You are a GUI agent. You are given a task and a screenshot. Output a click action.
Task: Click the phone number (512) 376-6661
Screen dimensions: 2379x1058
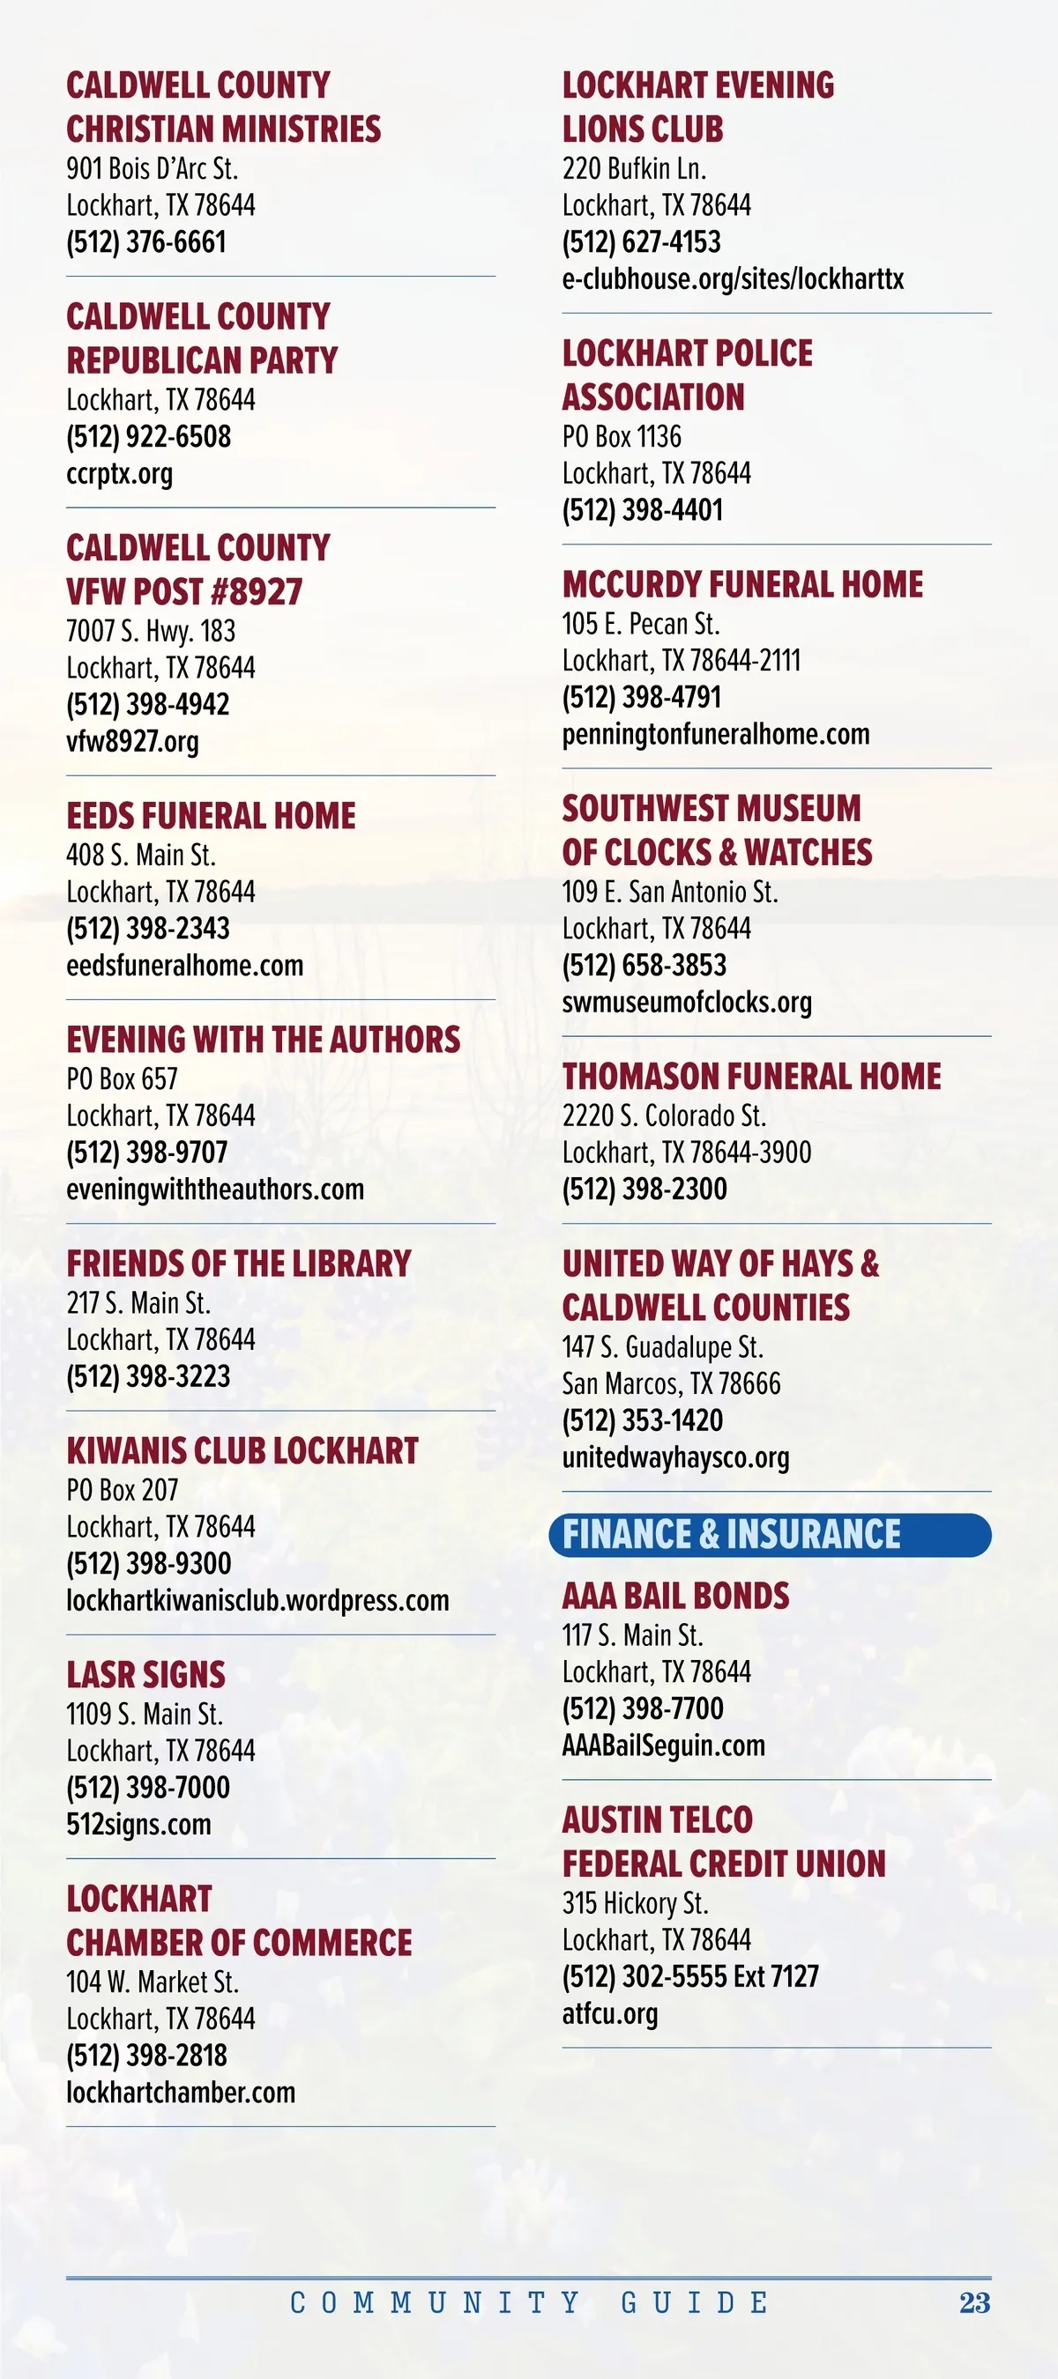pos(146,242)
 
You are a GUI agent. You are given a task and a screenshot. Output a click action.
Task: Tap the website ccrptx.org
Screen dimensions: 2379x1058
pos(119,474)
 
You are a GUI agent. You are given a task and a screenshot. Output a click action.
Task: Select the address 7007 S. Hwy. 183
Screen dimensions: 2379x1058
pos(151,631)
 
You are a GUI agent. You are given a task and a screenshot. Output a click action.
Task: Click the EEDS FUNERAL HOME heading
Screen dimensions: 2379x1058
pos(211,816)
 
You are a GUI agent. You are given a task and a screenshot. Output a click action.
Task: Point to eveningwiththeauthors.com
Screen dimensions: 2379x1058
pos(214,1189)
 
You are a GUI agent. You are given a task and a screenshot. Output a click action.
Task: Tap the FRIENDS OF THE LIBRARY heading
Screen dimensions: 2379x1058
pos(238,1264)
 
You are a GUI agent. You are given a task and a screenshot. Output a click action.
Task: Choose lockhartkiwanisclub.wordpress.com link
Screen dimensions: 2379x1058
pos(257,1599)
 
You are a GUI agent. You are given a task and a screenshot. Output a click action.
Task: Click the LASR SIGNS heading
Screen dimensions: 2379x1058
pos(146,1674)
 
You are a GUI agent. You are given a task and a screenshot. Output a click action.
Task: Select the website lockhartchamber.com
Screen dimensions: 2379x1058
pos(180,2092)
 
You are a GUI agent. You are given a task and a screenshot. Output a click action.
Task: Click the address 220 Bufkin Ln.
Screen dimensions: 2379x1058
pos(634,169)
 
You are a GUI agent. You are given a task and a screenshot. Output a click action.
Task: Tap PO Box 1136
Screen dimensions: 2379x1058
pos(621,436)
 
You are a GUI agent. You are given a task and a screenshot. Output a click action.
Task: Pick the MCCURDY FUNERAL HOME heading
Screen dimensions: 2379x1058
pos(743,583)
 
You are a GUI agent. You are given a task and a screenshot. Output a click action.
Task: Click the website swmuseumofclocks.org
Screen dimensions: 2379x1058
pos(687,1002)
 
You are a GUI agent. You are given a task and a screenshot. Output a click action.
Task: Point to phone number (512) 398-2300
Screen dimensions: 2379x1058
pos(644,1189)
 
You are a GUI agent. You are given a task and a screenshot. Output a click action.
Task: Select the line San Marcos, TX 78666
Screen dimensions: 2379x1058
pos(671,1383)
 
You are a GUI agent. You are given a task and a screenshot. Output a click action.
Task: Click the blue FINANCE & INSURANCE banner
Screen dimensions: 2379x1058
pos(769,1535)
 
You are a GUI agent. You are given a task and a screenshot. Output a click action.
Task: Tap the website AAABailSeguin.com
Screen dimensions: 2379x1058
pos(663,1745)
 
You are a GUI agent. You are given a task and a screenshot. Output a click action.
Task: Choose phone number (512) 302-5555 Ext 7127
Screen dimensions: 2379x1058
pos(690,1976)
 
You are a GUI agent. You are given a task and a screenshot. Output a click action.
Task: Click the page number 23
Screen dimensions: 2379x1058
pos(974,2302)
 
